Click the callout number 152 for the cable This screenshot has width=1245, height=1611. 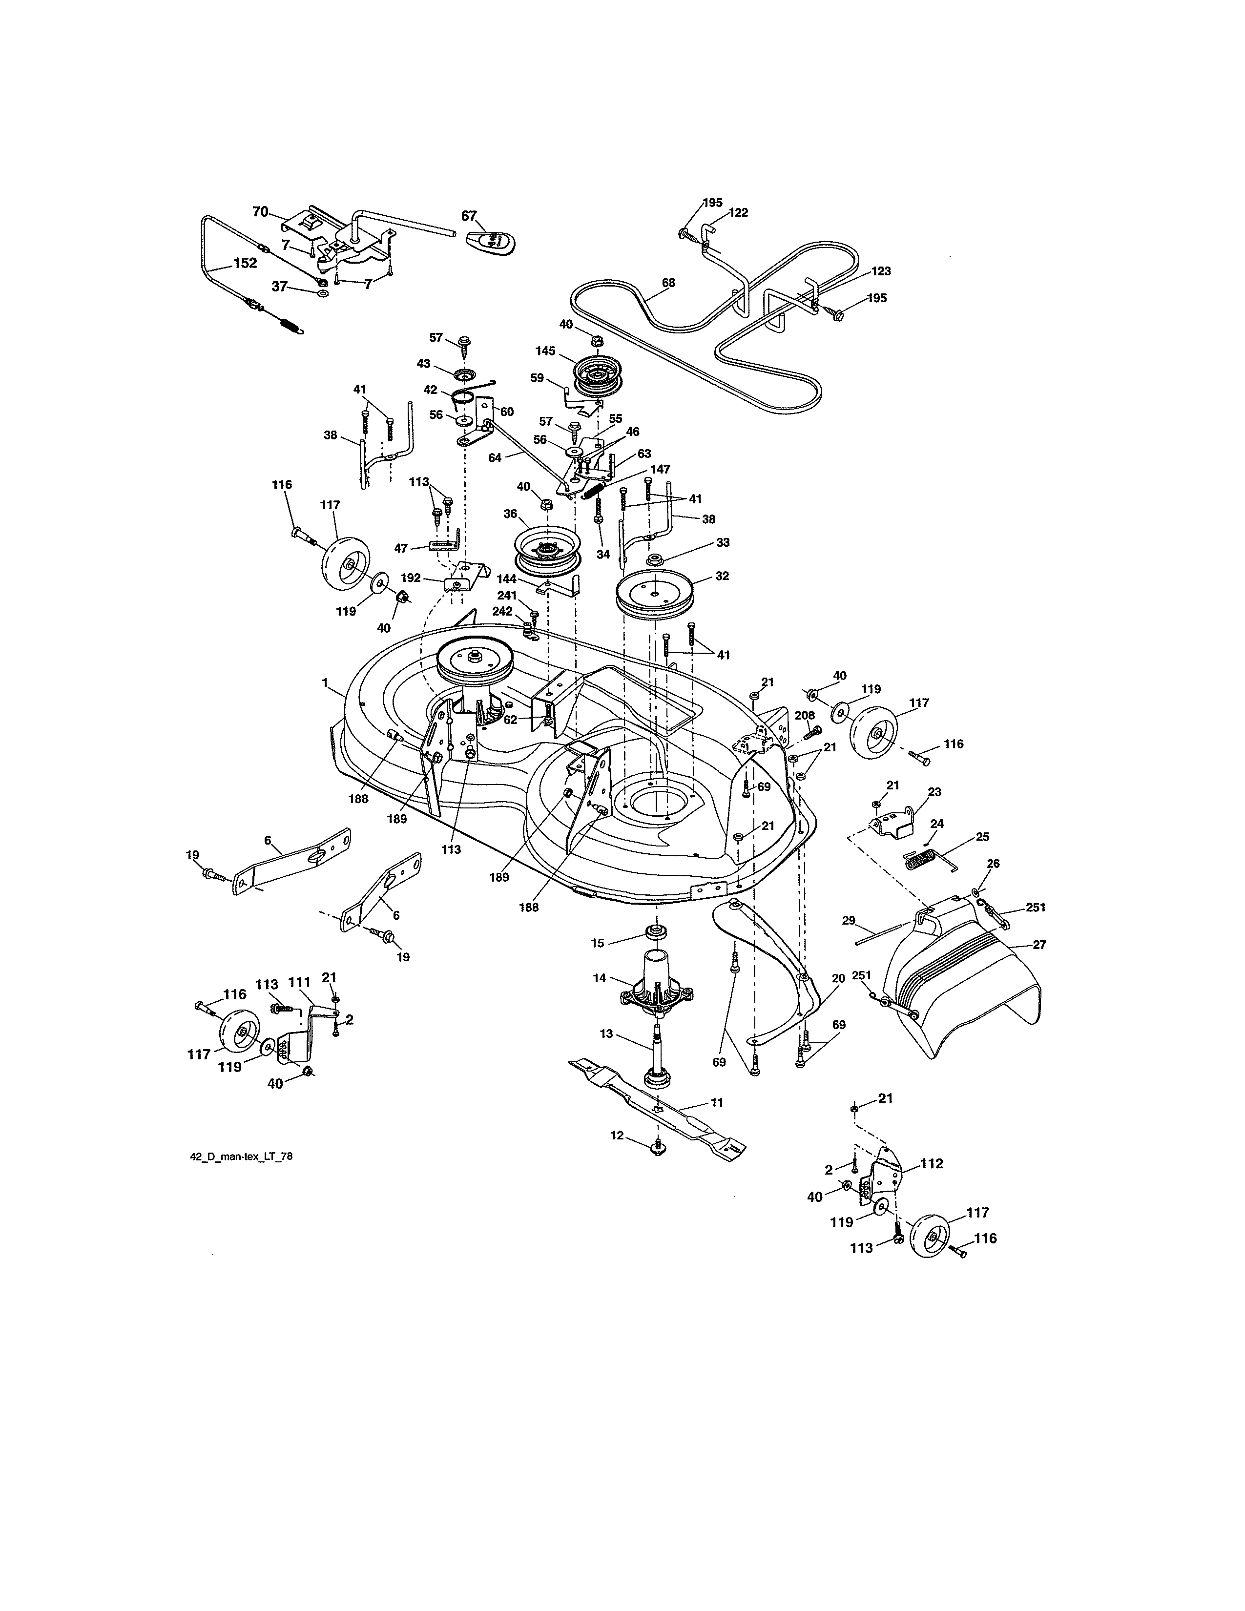click(245, 263)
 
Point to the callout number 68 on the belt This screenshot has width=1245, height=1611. click(668, 283)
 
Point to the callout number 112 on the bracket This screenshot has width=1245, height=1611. click(932, 1164)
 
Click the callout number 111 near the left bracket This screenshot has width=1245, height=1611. click(299, 983)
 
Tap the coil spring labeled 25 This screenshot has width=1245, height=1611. click(922, 859)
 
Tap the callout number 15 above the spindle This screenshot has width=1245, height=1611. click(598, 943)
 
